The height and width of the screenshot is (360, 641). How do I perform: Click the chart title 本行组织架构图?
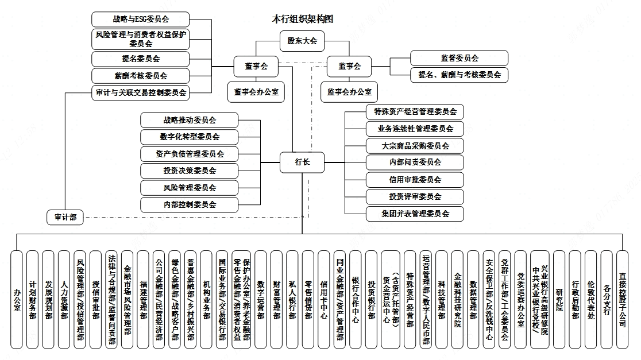pyautogui.click(x=302, y=19)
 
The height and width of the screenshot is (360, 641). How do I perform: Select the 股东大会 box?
pyautogui.click(x=302, y=41)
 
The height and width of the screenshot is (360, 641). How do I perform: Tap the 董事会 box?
pyautogui.click(x=252, y=67)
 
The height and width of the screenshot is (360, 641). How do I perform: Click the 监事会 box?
pyautogui.click(x=349, y=67)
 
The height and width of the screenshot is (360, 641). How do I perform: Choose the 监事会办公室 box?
pyautogui.click(x=349, y=92)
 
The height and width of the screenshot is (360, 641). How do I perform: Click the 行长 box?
pyautogui.click(x=302, y=162)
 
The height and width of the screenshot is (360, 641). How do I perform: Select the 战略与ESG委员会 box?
pyautogui.click(x=141, y=19)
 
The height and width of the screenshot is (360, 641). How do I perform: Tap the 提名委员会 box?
pyautogui.click(x=141, y=59)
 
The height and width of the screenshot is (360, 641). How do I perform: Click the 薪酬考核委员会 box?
pyautogui.click(x=141, y=76)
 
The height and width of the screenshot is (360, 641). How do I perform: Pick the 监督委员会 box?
pyautogui.click(x=459, y=58)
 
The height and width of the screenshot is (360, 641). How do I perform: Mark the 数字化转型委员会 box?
pyautogui.click(x=190, y=137)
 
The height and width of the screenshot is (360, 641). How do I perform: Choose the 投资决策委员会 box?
pyautogui.click(x=190, y=171)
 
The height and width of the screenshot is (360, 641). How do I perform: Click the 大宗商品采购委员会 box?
pyautogui.click(x=415, y=146)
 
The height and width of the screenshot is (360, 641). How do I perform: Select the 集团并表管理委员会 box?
pyautogui.click(x=415, y=214)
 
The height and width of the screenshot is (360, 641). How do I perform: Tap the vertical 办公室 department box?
pyautogui.click(x=17, y=299)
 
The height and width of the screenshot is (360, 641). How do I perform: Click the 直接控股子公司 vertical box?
pyautogui.click(x=623, y=299)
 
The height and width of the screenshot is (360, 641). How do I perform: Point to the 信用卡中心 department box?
pyautogui.click(x=324, y=299)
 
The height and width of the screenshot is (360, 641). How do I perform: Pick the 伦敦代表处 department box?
pyautogui.click(x=591, y=299)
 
